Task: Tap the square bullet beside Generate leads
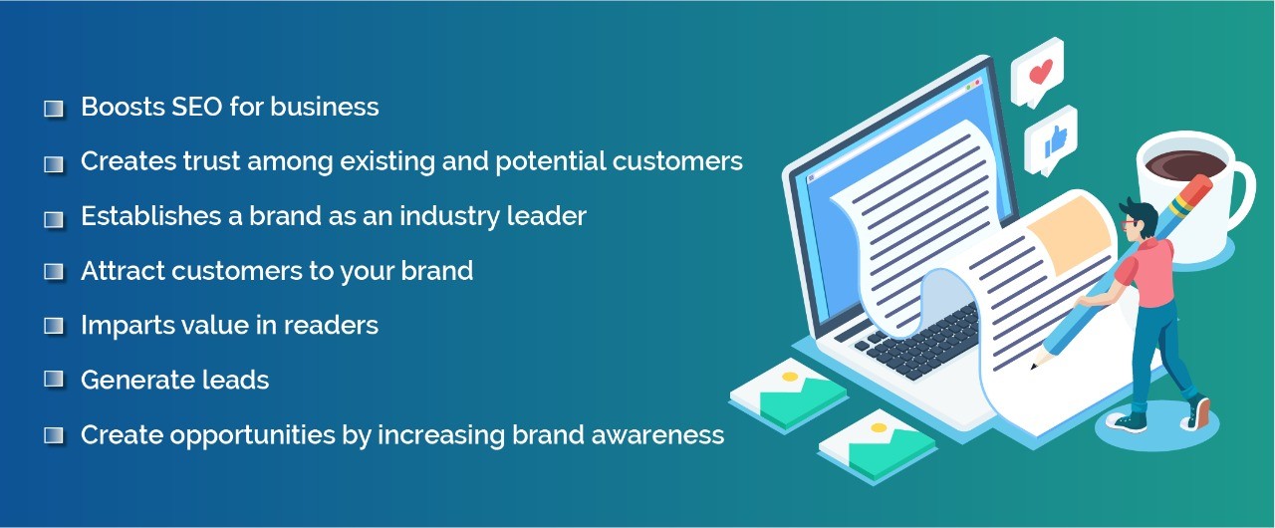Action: [x=54, y=380]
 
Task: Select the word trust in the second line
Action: [x=211, y=161]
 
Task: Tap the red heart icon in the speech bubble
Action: [x=1041, y=73]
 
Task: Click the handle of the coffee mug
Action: [x=1244, y=196]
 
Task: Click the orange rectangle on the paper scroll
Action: [x=1070, y=234]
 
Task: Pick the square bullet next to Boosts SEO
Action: [x=54, y=109]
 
